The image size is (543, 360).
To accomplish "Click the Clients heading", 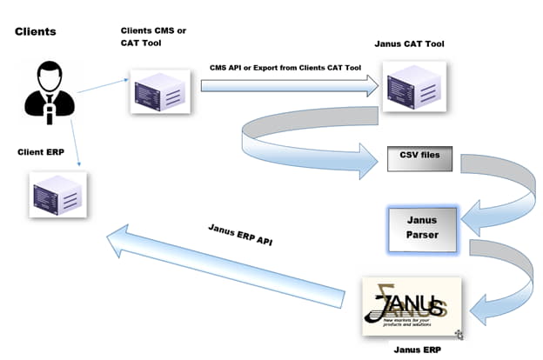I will (x=36, y=32).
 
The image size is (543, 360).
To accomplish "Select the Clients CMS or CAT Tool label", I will (x=153, y=37).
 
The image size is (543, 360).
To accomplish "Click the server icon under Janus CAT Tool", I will (x=414, y=85).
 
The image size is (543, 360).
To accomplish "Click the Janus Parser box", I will (x=421, y=229).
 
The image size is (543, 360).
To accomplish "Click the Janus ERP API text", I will (x=241, y=235).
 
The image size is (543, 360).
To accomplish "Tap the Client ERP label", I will (x=43, y=152).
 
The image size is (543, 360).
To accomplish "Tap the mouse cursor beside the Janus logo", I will (x=459, y=334).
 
